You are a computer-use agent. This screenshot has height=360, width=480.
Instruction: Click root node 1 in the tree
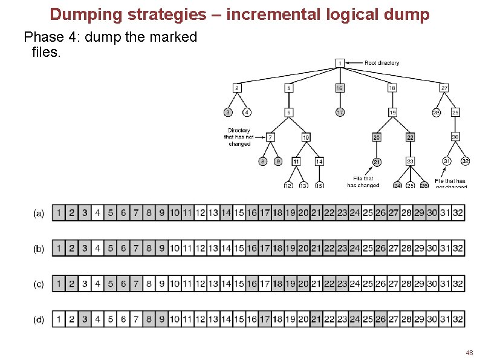(x=340, y=63)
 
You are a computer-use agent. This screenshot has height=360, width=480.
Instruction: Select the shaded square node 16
(x=340, y=88)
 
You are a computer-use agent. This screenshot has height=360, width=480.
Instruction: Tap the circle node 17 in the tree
(x=340, y=113)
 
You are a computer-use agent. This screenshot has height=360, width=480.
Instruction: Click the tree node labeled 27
(x=444, y=88)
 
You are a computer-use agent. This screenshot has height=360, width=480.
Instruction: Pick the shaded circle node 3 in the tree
(x=228, y=113)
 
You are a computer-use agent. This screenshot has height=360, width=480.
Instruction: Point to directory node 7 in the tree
(x=271, y=137)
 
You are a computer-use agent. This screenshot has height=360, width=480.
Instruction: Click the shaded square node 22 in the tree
(x=410, y=137)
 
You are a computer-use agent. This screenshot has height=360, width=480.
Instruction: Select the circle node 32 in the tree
(x=465, y=162)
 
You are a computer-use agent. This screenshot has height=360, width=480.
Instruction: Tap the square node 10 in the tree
(x=306, y=137)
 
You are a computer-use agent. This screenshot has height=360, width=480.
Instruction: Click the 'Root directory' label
(x=381, y=63)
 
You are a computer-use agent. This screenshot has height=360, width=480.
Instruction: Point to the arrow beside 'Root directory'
(x=355, y=63)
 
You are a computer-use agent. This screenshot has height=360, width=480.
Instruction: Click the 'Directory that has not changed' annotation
(x=239, y=137)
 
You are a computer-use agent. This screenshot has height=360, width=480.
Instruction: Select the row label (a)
(x=39, y=214)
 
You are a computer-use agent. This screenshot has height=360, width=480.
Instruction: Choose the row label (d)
(x=39, y=319)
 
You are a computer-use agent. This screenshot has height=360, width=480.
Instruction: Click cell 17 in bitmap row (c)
(x=265, y=284)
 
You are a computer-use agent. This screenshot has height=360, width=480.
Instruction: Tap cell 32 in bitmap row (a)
(x=458, y=213)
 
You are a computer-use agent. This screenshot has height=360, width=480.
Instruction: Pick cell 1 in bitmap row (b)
(x=59, y=249)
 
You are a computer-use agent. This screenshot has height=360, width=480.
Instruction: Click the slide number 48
(x=469, y=352)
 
